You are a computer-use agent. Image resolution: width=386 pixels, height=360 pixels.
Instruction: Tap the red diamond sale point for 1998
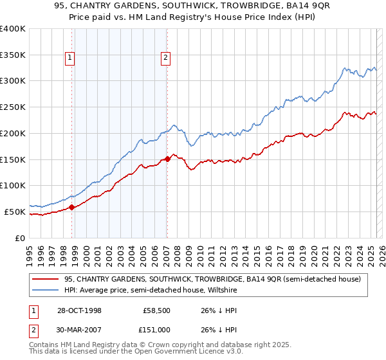tap(72, 207)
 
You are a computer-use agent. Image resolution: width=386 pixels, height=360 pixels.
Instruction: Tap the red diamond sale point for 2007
tap(167, 158)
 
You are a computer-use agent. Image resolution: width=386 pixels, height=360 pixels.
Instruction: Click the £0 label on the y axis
tap(21, 238)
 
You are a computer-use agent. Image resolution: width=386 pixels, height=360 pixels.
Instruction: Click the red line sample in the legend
tap(46, 279)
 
